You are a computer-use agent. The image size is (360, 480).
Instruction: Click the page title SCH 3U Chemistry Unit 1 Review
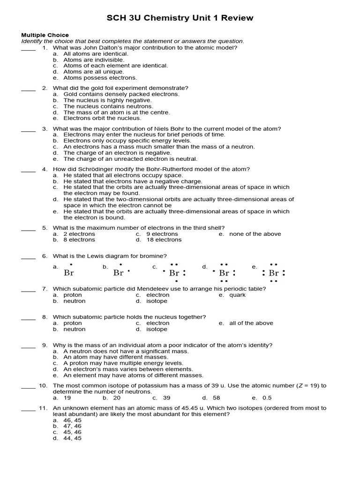[x=180, y=18]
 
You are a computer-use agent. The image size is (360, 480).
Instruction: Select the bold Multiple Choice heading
[x=45, y=35]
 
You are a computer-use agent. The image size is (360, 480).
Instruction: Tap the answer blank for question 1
[x=28, y=48]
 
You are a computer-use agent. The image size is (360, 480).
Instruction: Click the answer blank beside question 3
[x=28, y=129]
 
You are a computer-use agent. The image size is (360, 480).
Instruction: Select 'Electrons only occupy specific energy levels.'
[x=127, y=141]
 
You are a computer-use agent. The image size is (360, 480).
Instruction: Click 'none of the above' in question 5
[x=255, y=234]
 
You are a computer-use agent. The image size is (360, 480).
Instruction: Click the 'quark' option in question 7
[x=237, y=295]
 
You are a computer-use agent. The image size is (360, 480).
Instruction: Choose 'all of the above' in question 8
[x=251, y=323]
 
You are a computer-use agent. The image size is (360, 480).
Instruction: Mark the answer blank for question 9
[x=28, y=345]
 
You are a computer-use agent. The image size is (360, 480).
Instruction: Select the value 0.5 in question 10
[x=267, y=397]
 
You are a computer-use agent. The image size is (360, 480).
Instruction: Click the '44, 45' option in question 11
[x=72, y=438]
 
